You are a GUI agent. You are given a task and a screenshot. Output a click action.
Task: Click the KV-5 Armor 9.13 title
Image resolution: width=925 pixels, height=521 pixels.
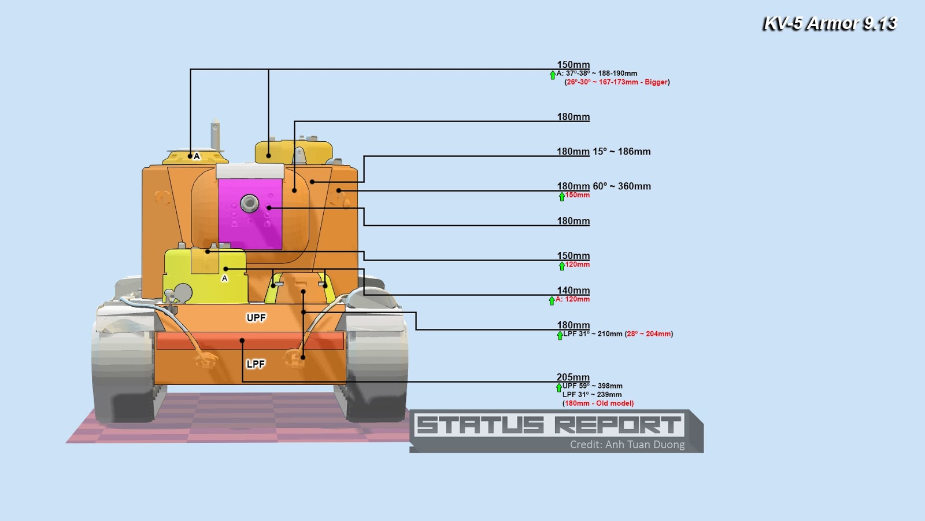click(x=829, y=24)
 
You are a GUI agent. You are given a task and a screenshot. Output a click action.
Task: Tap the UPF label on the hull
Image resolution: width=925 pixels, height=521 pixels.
click(x=256, y=318)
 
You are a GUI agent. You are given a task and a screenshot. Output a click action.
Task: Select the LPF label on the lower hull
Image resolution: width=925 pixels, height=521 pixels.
click(x=256, y=364)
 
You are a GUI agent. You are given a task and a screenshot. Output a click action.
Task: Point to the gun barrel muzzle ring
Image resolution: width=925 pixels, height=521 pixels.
click(x=250, y=203)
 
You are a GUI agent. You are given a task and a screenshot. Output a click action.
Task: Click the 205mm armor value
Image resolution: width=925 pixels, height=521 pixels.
click(x=573, y=377)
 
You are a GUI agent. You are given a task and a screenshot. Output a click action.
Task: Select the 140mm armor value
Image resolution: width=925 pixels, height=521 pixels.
click(x=573, y=290)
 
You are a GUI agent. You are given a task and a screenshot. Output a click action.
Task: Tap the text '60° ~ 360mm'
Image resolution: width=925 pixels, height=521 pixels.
click(x=622, y=186)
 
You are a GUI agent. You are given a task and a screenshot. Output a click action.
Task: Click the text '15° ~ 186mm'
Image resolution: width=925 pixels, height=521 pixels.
click(x=622, y=152)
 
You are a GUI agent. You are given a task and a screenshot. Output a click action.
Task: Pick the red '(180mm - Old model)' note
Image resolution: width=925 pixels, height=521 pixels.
click(x=598, y=403)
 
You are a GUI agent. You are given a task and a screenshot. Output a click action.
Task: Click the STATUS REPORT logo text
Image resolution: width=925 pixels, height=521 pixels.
click(x=549, y=425)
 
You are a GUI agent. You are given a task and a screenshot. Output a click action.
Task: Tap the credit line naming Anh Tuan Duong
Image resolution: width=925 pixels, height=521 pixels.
click(x=627, y=445)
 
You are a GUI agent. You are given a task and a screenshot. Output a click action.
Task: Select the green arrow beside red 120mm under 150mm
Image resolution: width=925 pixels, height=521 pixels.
click(x=561, y=266)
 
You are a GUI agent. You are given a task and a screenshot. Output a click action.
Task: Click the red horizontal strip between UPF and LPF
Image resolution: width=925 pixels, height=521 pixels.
click(x=250, y=341)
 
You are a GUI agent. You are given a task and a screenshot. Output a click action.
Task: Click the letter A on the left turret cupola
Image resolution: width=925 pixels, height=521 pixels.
click(x=197, y=156)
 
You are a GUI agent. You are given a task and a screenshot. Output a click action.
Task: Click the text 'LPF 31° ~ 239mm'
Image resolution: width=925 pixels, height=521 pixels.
click(x=592, y=395)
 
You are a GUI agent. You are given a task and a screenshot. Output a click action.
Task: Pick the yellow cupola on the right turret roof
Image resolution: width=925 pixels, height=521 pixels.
click(x=294, y=151)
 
